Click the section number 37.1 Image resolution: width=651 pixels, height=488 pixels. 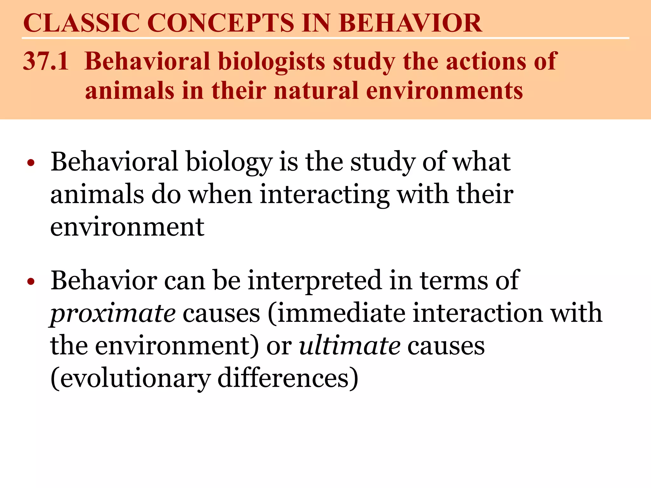46,61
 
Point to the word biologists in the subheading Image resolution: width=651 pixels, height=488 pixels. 272,62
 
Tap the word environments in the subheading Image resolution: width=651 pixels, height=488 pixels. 444,91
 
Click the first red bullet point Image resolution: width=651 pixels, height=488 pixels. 31,163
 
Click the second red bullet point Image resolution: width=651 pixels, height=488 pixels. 31,282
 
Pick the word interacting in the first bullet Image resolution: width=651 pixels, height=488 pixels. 324,194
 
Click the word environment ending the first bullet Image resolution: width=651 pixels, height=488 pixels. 127,227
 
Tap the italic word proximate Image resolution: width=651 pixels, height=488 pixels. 113,314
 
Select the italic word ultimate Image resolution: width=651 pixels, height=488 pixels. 350,346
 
